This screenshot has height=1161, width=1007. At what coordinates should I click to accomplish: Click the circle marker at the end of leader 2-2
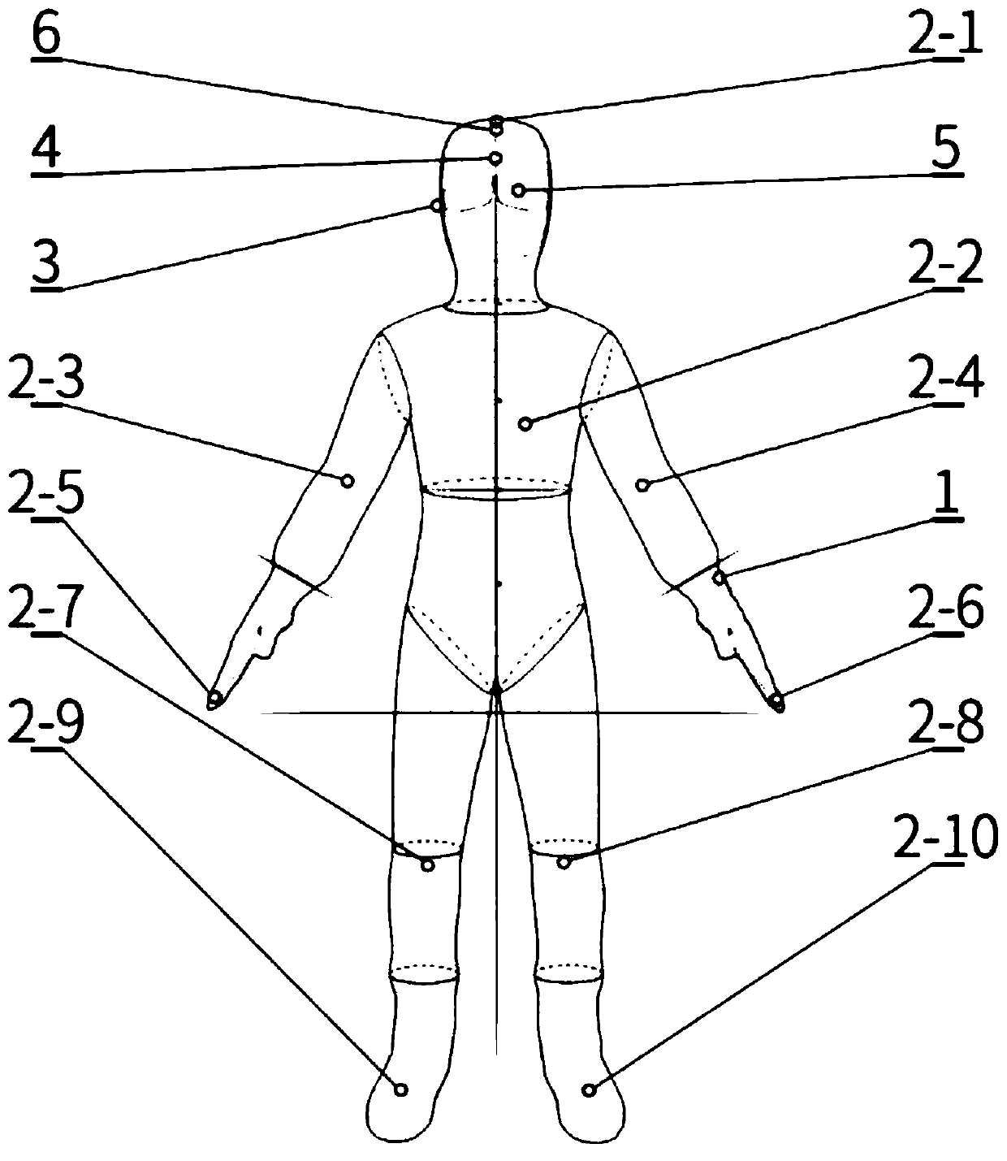point(526,423)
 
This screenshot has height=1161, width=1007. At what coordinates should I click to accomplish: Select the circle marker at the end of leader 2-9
point(400,1090)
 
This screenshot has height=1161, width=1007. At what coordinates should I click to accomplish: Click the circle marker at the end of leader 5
point(517,190)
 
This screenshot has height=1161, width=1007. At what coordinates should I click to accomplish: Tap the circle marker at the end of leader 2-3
point(347,481)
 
